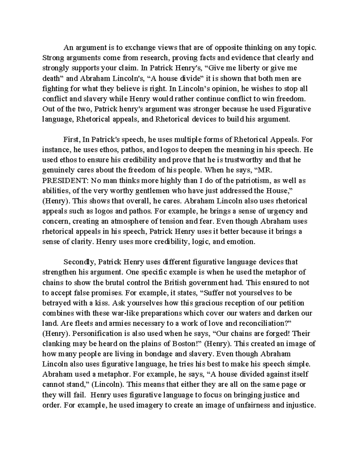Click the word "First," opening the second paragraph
click(72, 139)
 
